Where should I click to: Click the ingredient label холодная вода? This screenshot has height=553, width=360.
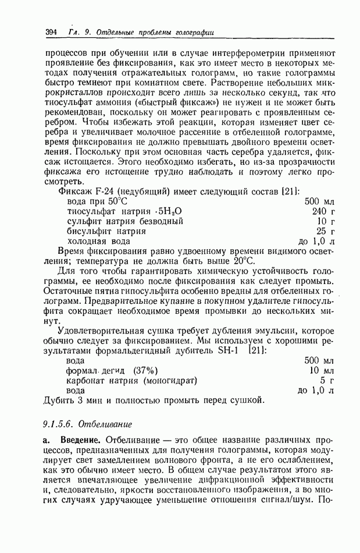pyautogui.click(x=99, y=240)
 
